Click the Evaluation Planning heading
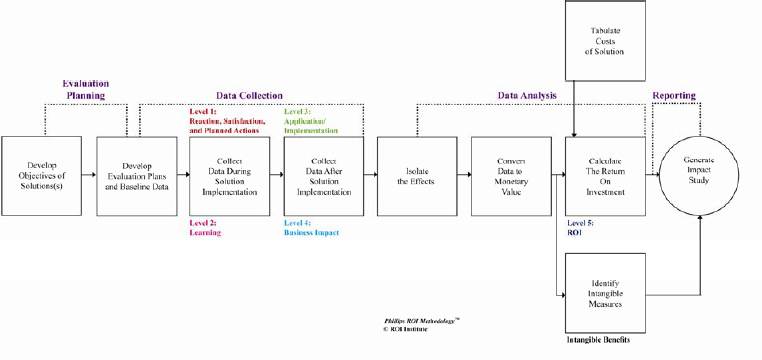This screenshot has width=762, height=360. click(x=85, y=89)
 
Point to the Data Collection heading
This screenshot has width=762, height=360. click(x=250, y=95)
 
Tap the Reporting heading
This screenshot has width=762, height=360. click(x=674, y=95)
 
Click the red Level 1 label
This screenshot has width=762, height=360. click(x=228, y=119)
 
